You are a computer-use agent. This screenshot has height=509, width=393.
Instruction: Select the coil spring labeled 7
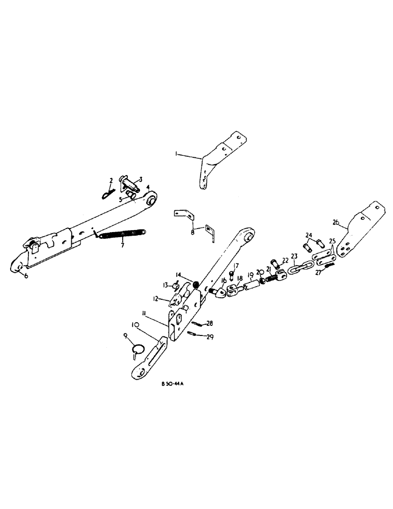coord(122,235)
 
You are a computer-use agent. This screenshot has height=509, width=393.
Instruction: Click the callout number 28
coord(209,323)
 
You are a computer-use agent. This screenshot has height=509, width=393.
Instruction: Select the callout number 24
coord(308,235)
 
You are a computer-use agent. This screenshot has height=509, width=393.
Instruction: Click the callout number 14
coord(179,275)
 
